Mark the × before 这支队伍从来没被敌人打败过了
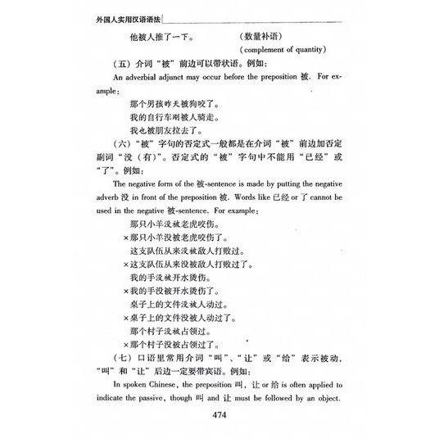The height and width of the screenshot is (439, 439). [125, 265]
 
